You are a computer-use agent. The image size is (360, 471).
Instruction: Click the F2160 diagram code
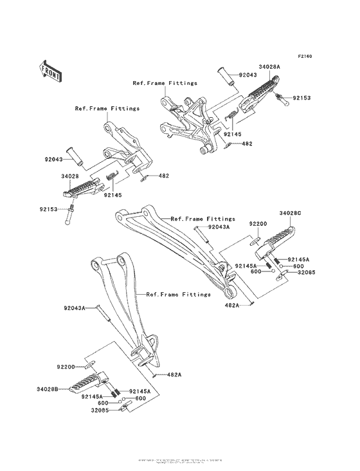click(304, 57)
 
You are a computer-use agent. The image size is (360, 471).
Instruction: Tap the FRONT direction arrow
click(51, 70)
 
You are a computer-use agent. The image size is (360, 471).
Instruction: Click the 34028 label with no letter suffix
click(71, 175)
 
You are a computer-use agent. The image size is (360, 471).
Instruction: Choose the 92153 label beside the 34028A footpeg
click(303, 98)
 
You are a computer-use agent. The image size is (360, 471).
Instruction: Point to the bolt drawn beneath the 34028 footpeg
click(69, 212)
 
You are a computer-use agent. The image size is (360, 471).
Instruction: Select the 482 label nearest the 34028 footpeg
click(163, 176)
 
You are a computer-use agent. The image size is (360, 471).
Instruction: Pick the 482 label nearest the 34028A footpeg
click(246, 144)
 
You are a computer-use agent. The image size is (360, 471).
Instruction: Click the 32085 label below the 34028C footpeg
click(305, 272)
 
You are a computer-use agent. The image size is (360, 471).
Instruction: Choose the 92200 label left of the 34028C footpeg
click(258, 224)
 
